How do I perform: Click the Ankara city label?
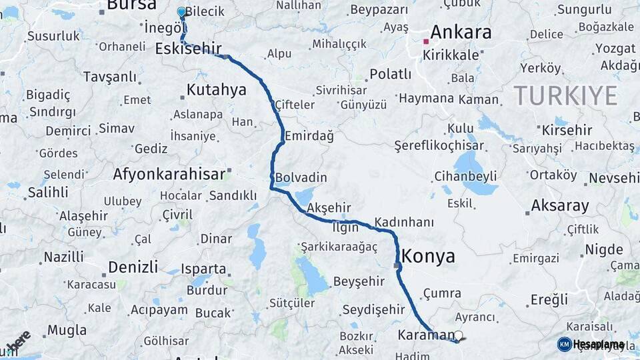pos(461,32)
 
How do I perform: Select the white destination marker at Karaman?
pos(459,335)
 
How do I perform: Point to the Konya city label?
pos(428,256)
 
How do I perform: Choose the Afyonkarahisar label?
pos(169,175)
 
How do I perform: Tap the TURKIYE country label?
pos(565,96)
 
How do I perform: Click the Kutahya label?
pos(216,90)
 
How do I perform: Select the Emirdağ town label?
pos(309,136)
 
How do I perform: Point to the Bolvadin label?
pos(301,177)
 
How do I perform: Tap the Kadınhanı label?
pos(404,222)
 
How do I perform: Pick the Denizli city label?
pos(133,267)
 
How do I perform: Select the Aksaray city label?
pos(559,205)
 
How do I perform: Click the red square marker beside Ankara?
pos(426,41)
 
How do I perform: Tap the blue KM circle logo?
pos(564,344)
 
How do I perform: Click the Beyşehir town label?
pos(359,282)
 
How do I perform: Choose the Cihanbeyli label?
pos(465,176)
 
